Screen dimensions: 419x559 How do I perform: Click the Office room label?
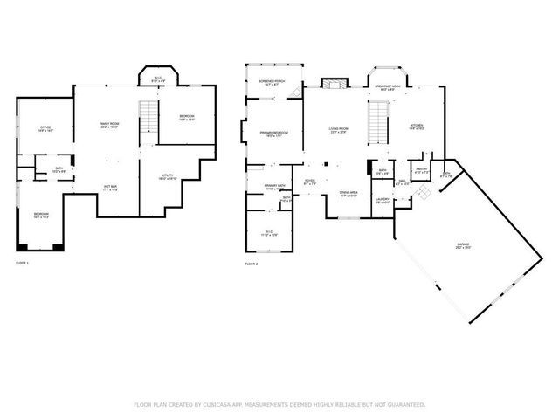45,129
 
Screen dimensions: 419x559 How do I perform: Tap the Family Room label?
108,126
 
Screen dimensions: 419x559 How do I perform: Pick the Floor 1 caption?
23,263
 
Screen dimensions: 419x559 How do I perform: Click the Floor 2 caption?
252,263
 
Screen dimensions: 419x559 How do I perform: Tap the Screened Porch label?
269,83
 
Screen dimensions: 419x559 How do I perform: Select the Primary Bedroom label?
273,134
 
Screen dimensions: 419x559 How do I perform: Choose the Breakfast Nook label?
389,87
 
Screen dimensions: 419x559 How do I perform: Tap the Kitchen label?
418,127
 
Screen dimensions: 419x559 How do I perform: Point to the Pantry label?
420,170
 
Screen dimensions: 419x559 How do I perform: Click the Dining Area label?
349,194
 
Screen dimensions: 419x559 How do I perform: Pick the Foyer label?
309,182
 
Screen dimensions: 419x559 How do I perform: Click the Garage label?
461,245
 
